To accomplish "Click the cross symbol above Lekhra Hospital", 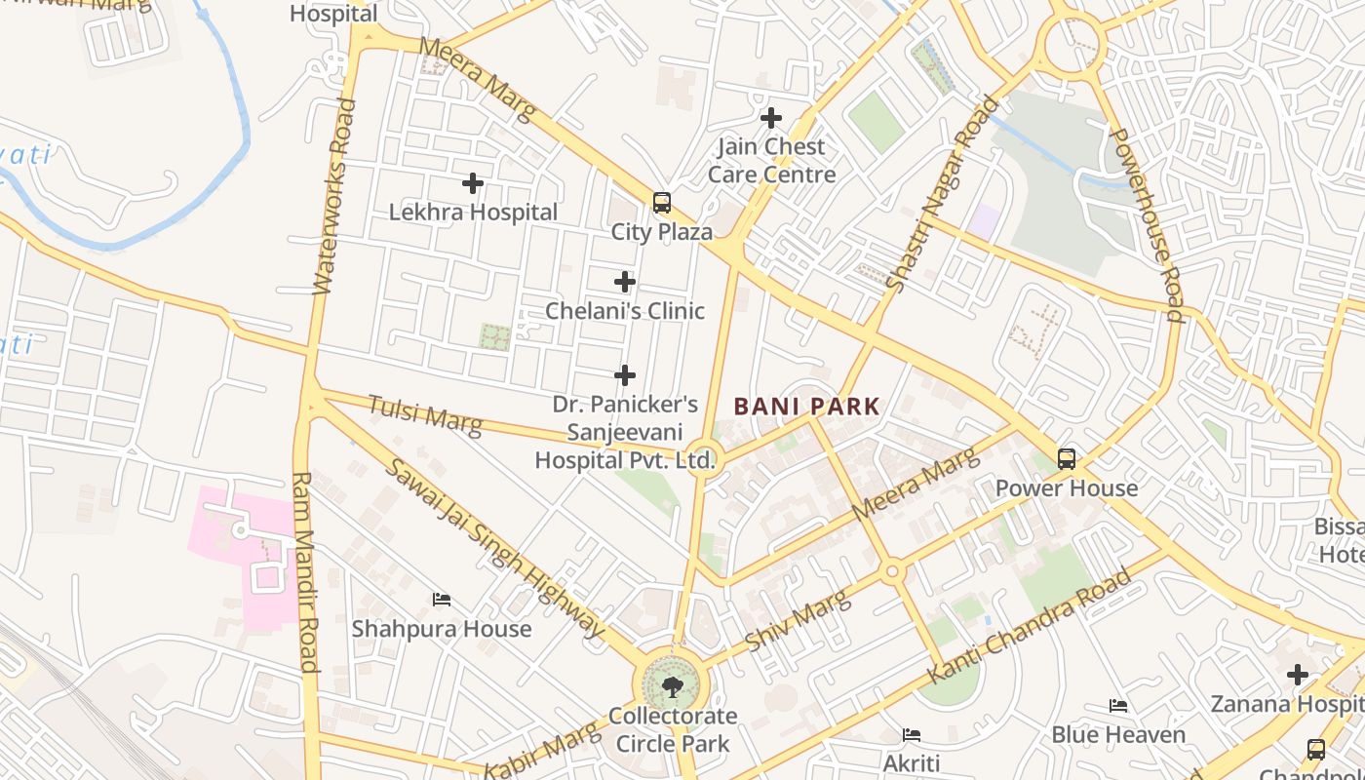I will pos(473,183).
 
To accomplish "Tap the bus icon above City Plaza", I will pos(662,203).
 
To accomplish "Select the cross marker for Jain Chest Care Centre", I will pos(771,119).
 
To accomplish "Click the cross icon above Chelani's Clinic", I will pos(625,283).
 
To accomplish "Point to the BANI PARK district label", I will pos(807,407).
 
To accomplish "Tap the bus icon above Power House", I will pos(1067,458).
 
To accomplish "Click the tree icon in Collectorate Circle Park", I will pos(672,687).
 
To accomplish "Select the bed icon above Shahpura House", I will pos(442,600).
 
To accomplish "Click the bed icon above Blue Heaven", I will pos(1118,706).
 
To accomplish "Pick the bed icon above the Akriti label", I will pos(912,734).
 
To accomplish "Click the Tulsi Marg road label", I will pos(425,414).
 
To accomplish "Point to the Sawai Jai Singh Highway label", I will pos(495,547).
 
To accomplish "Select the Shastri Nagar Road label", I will pos(942,193).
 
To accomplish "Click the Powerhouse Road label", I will pos(1147,224).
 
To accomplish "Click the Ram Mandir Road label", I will pos(305,572).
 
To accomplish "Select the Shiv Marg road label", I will pos(798,621).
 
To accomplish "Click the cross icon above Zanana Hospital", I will pos(1297,675).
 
